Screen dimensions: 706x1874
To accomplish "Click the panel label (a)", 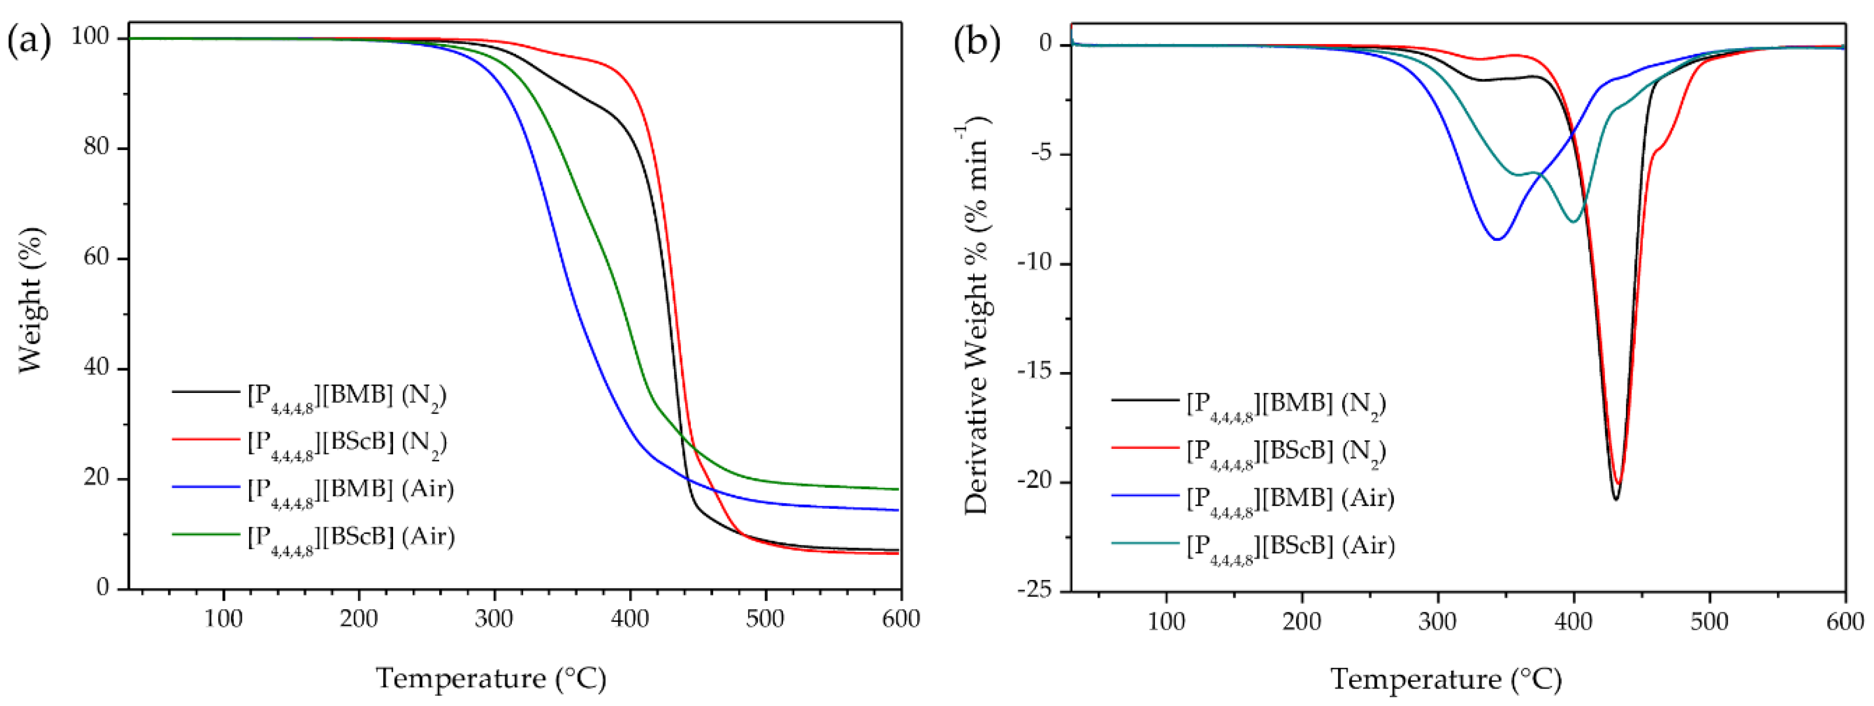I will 29,41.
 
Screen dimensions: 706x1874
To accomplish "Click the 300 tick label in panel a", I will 494,619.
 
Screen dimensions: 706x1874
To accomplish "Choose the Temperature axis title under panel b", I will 1446,680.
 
